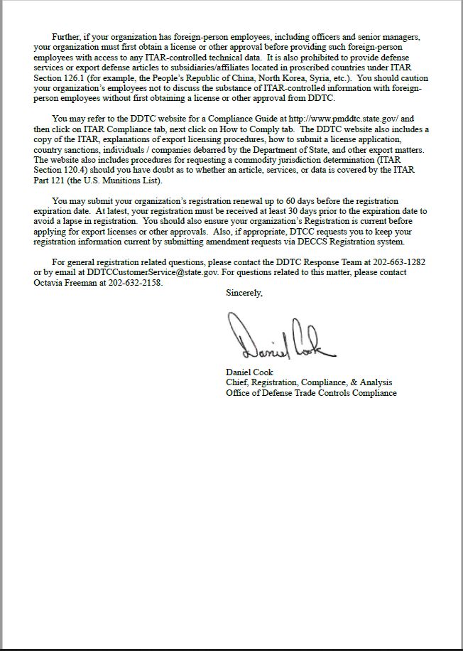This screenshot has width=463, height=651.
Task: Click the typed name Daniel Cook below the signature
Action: [x=249, y=372]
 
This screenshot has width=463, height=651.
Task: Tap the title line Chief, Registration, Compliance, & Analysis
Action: [x=309, y=382]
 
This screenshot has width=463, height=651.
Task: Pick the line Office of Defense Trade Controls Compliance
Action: [x=311, y=393]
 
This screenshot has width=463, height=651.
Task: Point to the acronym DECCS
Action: [x=312, y=242]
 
